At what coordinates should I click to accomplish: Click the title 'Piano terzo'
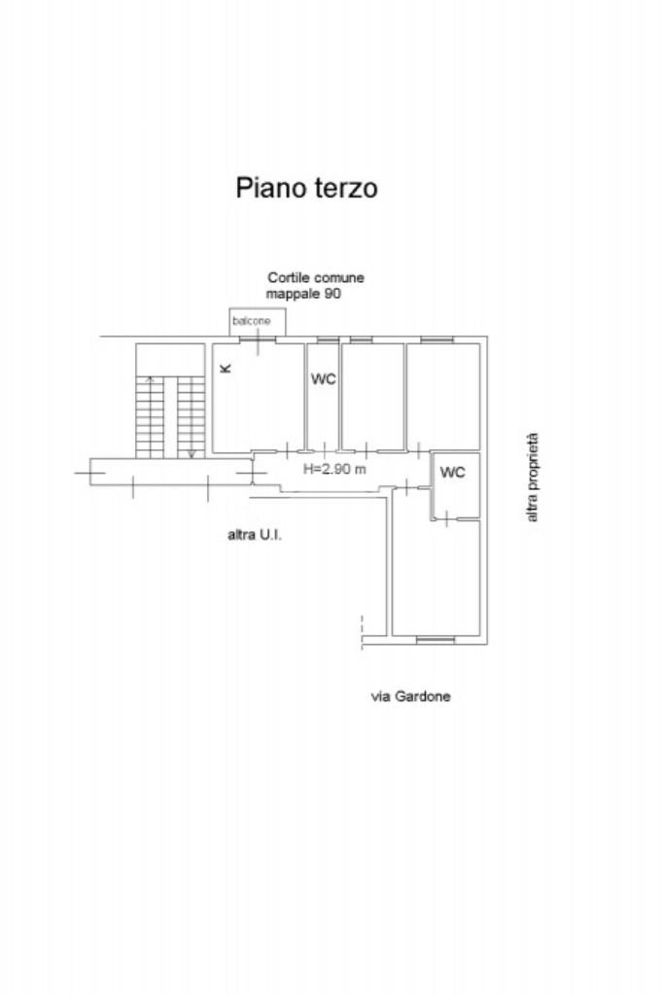306,187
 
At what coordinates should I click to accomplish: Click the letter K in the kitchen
226,368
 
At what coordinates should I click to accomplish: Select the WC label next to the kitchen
323,379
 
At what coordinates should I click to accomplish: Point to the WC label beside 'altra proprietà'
453,473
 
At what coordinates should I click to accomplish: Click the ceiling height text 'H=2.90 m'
334,469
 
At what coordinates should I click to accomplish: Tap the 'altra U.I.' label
255,534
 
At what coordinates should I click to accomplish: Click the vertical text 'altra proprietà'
532,479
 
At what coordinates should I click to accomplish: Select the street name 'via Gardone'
410,696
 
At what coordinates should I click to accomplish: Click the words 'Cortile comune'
316,278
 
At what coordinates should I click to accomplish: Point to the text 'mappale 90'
303,293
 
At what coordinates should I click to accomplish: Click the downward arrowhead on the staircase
192,453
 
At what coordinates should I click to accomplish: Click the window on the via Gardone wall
436,639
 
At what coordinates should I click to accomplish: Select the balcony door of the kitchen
258,339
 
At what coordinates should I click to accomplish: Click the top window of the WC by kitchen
328,339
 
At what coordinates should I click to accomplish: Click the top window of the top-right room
436,339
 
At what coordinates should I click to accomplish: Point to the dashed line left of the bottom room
361,629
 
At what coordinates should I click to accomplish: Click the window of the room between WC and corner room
362,339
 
